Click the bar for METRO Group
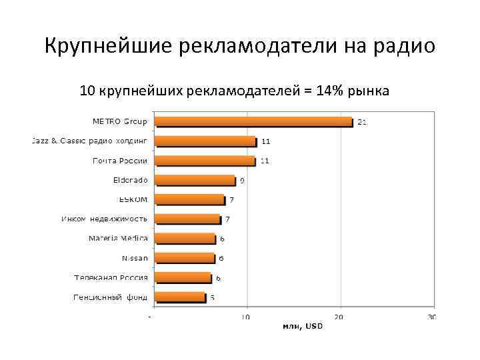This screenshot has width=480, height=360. click(253, 122)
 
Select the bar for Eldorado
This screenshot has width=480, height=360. click(195, 180)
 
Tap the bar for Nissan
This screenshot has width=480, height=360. click(185, 258)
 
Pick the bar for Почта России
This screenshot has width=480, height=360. click(205, 161)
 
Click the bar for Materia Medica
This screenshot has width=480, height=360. click(185, 239)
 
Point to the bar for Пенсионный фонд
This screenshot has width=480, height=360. click(180, 297)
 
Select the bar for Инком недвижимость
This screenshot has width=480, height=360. click(187, 219)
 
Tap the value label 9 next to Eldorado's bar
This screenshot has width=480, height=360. click(242, 180)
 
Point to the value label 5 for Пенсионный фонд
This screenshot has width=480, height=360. click(212, 297)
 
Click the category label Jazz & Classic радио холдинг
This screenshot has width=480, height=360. click(89, 141)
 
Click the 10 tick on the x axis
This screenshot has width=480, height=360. click(247, 317)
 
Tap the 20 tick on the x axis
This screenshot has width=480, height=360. click(340, 317)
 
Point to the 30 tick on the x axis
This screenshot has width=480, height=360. click(432, 317)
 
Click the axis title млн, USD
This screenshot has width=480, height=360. click(302, 326)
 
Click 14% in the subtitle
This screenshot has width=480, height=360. click(330, 90)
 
